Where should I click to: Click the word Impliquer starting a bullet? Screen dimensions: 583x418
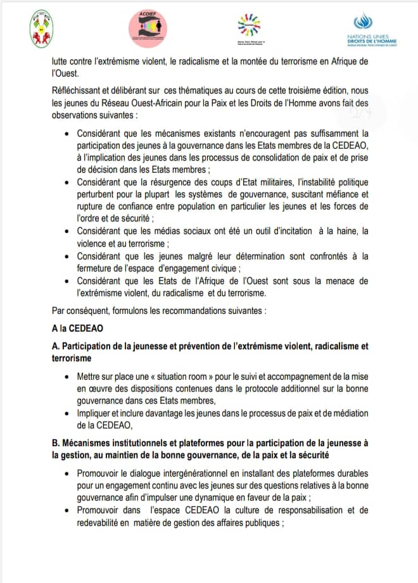click(94, 413)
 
